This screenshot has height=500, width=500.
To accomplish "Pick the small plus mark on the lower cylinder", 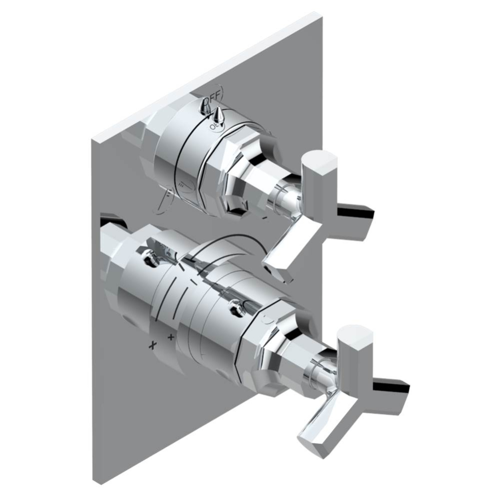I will (171, 336).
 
